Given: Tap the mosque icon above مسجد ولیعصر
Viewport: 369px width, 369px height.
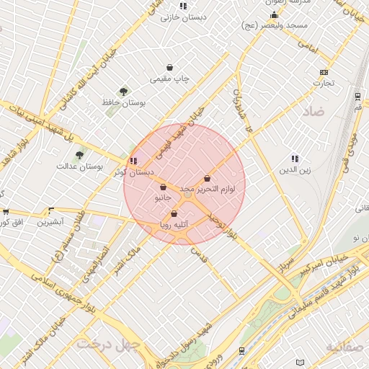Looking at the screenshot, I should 273,15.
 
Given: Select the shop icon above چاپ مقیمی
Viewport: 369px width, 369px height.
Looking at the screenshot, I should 169,67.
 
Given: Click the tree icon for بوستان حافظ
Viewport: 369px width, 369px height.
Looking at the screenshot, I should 123,92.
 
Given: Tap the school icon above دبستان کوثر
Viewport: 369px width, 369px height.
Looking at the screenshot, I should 133,161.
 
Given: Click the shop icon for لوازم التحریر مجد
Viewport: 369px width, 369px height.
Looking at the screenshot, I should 208,178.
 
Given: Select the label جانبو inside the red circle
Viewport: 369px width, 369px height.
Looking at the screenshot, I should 163,197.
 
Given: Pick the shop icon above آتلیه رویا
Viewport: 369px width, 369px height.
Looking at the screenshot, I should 174,213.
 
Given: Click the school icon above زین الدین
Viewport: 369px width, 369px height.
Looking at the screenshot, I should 295,159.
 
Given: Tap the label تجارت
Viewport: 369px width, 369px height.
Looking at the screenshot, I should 323,83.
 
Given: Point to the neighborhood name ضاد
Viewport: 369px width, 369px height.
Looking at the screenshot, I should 314,112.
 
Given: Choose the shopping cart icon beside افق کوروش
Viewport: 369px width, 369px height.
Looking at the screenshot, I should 6,212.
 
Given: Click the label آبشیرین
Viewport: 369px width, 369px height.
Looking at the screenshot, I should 50,222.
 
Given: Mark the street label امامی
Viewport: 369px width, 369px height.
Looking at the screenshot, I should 306,47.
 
